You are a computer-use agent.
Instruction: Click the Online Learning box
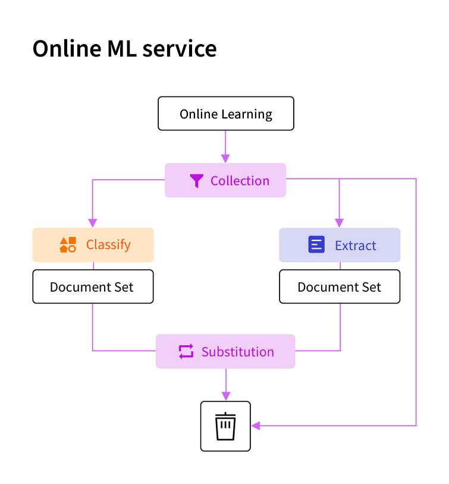tap(225, 114)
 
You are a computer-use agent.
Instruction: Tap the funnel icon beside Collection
tap(196, 181)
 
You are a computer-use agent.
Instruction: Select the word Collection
tap(240, 181)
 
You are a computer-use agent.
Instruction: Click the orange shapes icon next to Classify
tap(68, 245)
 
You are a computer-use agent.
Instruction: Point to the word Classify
tap(108, 245)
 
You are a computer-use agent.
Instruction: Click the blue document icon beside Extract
tap(316, 245)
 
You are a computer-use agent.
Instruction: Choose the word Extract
tap(355, 245)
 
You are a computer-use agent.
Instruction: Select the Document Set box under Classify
tap(92, 287)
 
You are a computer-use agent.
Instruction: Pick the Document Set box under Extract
tap(340, 287)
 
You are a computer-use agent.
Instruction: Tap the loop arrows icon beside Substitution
tap(186, 351)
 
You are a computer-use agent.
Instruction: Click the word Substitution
tap(237, 352)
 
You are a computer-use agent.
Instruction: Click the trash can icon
tap(225, 426)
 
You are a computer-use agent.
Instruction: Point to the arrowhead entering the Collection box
tap(225, 158)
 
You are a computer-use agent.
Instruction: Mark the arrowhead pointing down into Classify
tap(93, 223)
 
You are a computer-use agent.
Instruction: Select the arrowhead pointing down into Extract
tap(340, 223)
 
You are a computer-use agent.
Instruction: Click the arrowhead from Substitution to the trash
tap(225, 395)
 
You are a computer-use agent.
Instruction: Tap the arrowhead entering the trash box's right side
tap(256, 426)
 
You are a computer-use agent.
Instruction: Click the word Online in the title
tap(65, 49)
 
